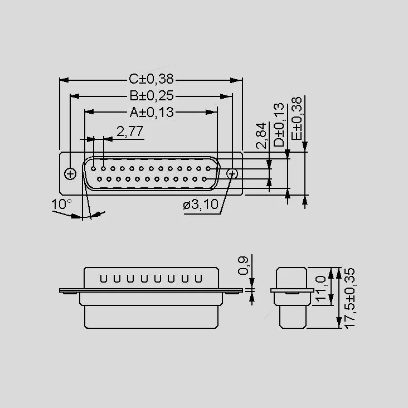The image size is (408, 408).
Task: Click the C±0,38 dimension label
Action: point(151,79)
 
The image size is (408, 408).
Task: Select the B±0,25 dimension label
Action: point(152,96)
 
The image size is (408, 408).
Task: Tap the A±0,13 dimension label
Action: point(152,112)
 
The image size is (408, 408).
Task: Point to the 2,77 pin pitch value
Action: point(130,131)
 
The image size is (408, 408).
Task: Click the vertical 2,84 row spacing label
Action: point(261,135)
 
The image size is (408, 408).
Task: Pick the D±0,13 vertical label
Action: point(279,125)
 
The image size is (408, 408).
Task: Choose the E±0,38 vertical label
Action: point(297,118)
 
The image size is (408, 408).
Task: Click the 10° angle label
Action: point(61,204)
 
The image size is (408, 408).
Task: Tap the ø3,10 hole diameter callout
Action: point(200,204)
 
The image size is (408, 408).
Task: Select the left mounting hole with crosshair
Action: point(70,174)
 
